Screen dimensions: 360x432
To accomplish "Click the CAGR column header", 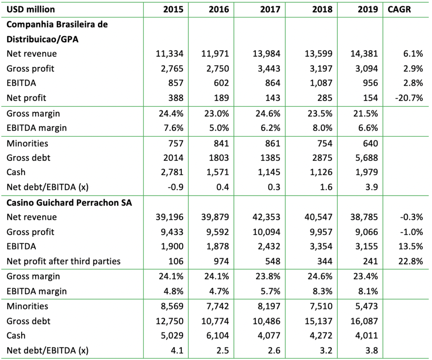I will pyautogui.click(x=399, y=9).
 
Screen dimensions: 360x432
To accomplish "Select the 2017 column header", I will pyautogui.click(x=270, y=9).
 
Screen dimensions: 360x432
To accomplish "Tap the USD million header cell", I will pyautogui.click(x=31, y=9).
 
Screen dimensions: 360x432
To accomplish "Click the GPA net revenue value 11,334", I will pyautogui.click(x=170, y=54).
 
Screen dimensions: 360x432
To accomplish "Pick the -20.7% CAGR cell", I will pyautogui.click(x=409, y=98).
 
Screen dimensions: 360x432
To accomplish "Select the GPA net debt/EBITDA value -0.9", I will pyautogui.click(x=175, y=187).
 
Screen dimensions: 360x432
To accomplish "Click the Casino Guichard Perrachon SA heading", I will pyautogui.click(x=69, y=202).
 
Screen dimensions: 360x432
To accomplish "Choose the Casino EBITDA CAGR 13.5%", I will pyautogui.click(x=411, y=246).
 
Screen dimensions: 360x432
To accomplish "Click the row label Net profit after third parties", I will pyautogui.click(x=63, y=261).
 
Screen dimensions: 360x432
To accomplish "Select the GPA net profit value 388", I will pyautogui.click(x=175, y=98).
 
